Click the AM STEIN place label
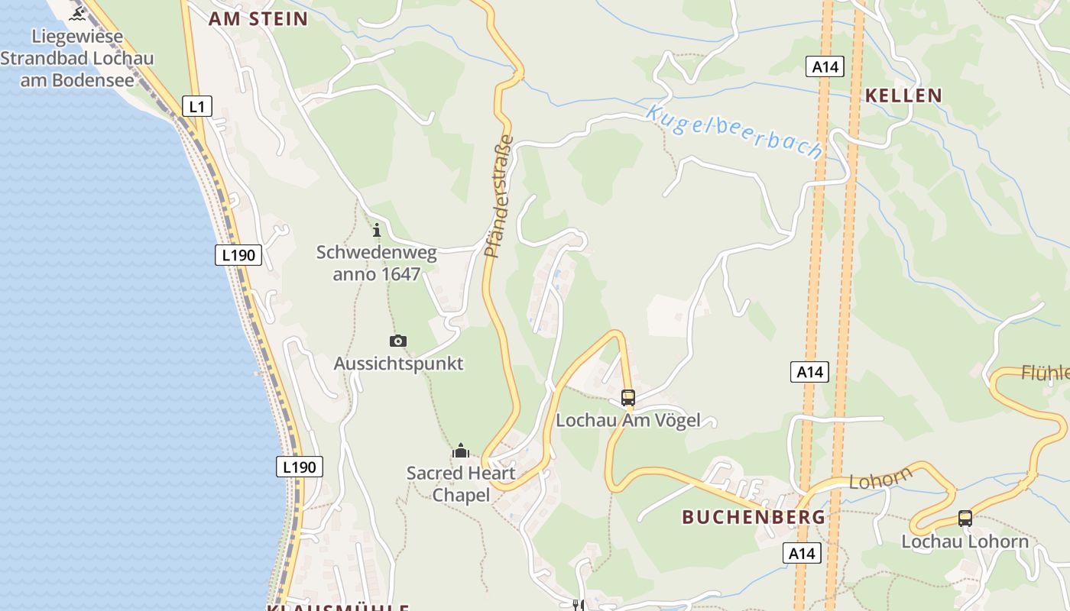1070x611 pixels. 258,19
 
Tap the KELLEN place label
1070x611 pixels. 903,95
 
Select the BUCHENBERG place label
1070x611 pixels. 753,517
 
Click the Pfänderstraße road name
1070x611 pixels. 498,196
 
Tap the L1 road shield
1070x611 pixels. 197,106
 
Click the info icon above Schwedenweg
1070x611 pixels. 376,230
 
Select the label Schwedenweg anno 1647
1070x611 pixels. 376,263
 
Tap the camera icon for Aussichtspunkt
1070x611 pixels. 397,341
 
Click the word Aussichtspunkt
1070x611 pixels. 398,364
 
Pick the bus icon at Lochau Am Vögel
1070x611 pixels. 628,397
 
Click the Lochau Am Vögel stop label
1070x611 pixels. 627,420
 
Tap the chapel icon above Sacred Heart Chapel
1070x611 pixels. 460,451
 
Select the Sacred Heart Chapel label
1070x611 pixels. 461,484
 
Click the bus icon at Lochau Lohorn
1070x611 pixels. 965,519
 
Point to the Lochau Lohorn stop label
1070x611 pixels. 965,541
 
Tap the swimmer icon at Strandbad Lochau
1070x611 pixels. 77,13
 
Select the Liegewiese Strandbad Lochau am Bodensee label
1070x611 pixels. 77,58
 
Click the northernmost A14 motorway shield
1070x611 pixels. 825,66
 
